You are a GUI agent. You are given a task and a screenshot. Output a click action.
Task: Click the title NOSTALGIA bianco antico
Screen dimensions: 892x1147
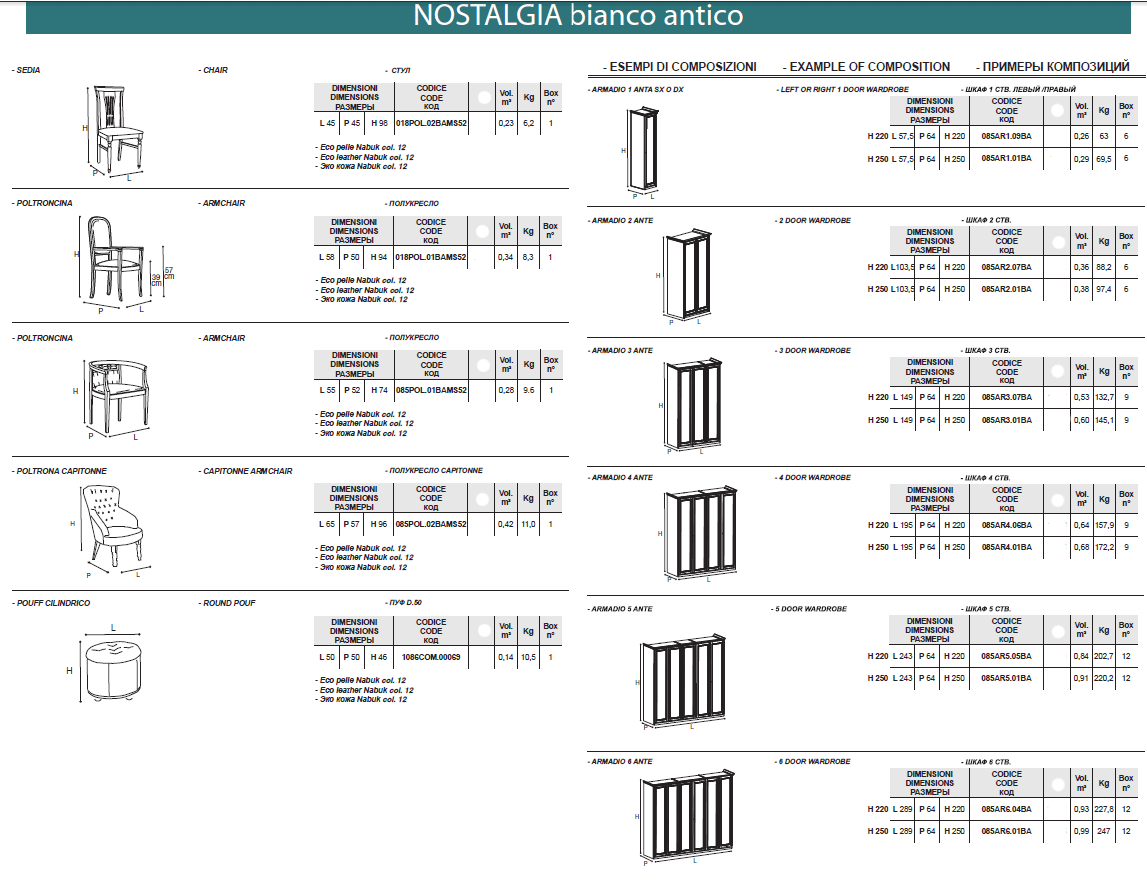click(x=577, y=16)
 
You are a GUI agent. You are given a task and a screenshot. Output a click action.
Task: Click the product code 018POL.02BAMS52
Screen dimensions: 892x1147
click(x=431, y=123)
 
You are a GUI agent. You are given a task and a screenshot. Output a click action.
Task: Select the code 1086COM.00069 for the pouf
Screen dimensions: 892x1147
click(x=431, y=657)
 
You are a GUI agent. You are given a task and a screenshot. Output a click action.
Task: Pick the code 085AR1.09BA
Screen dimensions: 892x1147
click(x=1006, y=136)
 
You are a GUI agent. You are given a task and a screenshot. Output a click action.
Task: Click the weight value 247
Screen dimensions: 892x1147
click(x=1103, y=831)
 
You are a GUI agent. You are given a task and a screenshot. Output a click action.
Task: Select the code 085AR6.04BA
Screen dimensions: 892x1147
click(x=1006, y=809)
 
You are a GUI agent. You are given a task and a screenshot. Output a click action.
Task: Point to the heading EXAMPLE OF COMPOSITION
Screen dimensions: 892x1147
click(x=869, y=67)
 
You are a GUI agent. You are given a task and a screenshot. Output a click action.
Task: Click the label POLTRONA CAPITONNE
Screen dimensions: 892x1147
click(x=61, y=471)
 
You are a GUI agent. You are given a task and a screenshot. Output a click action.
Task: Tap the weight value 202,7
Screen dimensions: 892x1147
click(x=1103, y=656)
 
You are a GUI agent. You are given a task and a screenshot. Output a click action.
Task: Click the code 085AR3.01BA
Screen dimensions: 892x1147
click(x=1006, y=420)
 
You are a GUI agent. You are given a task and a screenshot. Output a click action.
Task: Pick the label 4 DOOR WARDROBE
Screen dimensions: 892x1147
click(x=813, y=478)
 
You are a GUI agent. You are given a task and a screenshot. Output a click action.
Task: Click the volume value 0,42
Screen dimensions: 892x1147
click(x=506, y=524)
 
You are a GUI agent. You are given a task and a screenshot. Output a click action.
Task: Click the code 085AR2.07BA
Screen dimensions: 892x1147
click(x=1006, y=267)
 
